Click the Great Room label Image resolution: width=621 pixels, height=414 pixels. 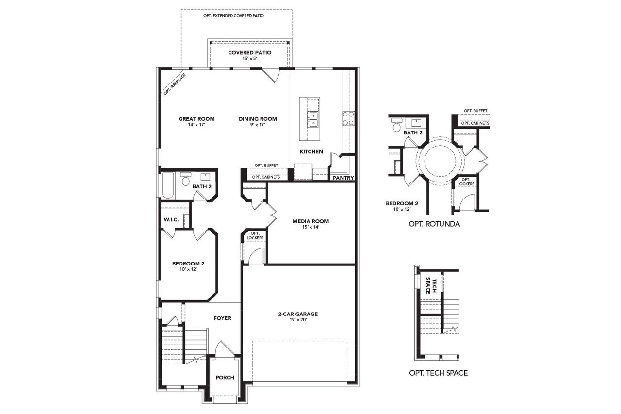(x=196, y=119)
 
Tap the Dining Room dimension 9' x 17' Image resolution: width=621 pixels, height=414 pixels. (x=258, y=125)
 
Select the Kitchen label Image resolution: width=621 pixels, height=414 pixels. (x=311, y=152)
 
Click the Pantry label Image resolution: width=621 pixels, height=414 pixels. (x=343, y=178)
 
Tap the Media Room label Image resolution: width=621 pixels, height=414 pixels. (x=310, y=221)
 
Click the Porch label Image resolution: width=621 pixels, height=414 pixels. (x=225, y=378)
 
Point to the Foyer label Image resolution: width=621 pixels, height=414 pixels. (x=222, y=318)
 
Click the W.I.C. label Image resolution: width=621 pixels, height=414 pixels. (x=171, y=220)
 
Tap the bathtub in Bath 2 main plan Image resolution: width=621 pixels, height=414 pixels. (x=168, y=186)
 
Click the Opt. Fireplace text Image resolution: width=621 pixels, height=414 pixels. (x=174, y=83)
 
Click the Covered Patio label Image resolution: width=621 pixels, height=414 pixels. (x=249, y=52)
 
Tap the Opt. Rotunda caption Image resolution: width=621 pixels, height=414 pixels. (x=434, y=224)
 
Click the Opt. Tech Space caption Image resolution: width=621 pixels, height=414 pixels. (x=439, y=373)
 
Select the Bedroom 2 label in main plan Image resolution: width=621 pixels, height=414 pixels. (x=188, y=264)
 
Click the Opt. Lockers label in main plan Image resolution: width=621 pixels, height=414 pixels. (x=255, y=236)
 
